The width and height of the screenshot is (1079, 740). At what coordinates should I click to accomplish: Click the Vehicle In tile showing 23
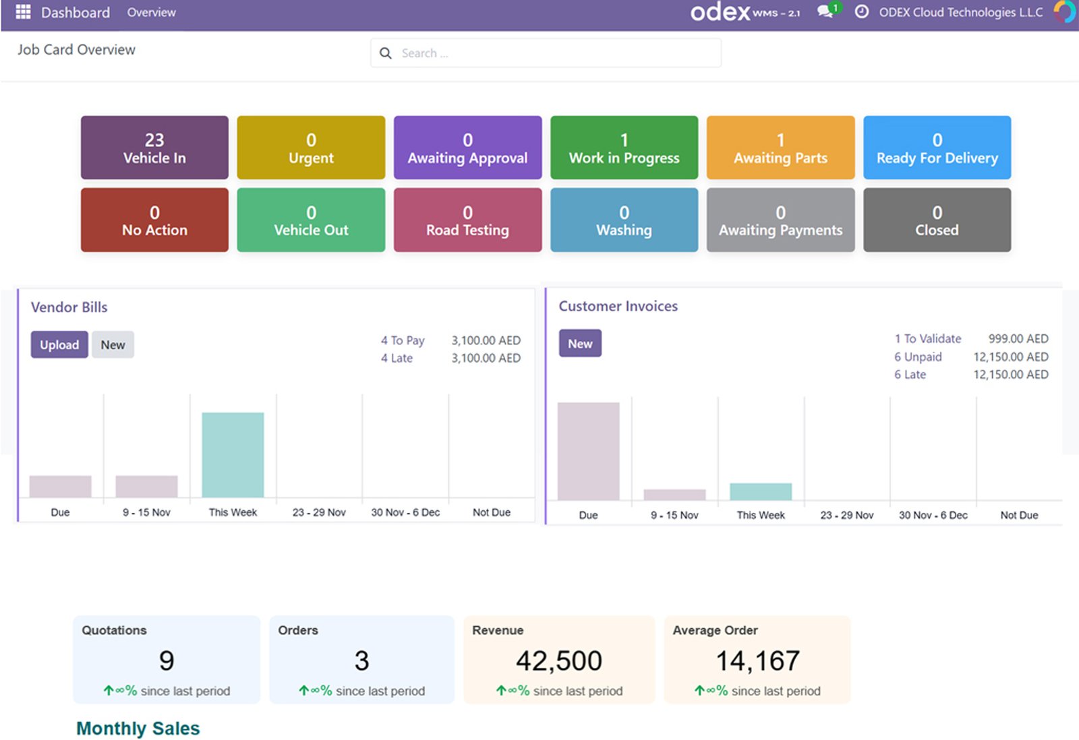point(154,148)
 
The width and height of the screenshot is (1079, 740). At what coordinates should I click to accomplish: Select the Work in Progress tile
point(624,148)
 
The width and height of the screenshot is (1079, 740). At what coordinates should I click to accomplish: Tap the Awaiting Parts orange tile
point(780,148)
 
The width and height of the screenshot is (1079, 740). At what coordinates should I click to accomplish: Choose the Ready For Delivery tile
point(937,148)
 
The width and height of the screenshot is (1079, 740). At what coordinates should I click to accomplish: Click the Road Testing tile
point(467,220)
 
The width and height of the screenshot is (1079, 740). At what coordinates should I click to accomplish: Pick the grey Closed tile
point(937,220)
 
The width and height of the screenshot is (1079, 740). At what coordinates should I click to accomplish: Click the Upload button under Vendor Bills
point(59,344)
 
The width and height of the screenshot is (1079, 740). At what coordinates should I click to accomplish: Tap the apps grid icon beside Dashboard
point(23,12)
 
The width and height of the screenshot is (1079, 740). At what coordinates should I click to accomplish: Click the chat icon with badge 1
point(825,12)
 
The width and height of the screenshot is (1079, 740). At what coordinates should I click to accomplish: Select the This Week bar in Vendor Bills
point(233,455)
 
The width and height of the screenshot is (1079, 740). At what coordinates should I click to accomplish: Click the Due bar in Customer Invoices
point(588,451)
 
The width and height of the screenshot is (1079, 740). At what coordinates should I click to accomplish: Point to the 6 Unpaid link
point(918,357)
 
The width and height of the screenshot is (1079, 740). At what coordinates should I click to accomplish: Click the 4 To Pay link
point(403,340)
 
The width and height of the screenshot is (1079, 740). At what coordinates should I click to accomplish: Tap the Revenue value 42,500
point(558,660)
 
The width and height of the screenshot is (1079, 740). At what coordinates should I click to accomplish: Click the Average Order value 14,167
point(757,660)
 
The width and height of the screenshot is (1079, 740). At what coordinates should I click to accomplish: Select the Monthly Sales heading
point(138,729)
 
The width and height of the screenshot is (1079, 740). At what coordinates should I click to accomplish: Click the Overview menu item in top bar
point(151,12)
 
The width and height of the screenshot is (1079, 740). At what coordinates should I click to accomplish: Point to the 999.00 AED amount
point(1018,338)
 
